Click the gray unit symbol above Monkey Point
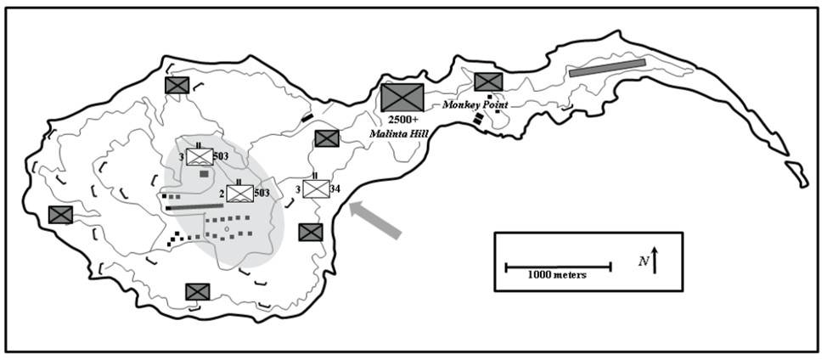click(x=488, y=82)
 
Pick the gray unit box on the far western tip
click(x=61, y=215)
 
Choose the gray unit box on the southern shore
click(x=198, y=292)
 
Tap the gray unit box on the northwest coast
click(x=177, y=85)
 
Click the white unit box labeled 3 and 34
click(x=316, y=188)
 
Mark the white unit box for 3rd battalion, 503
click(x=200, y=156)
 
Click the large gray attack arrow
click(x=375, y=218)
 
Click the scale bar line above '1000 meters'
click(x=558, y=267)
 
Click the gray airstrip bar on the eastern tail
click(x=607, y=67)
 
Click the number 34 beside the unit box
click(x=335, y=188)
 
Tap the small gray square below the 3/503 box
click(x=204, y=173)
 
